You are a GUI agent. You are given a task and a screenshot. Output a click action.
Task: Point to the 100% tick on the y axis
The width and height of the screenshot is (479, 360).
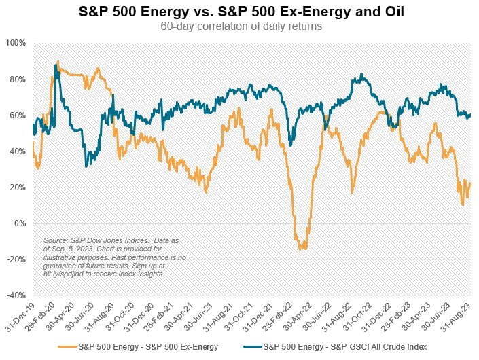coord(16,43)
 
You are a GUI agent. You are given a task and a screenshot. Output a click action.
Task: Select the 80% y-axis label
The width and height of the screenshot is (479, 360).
coord(17,79)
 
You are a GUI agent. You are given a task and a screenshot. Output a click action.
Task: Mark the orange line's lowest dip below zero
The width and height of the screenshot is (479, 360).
coord(302,249)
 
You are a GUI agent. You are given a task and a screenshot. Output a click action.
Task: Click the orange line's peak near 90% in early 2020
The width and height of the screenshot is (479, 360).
coord(58,62)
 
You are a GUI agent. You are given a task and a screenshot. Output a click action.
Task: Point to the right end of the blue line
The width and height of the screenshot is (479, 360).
coord(470,115)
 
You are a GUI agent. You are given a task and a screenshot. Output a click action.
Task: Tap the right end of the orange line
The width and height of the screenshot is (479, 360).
coord(470,183)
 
